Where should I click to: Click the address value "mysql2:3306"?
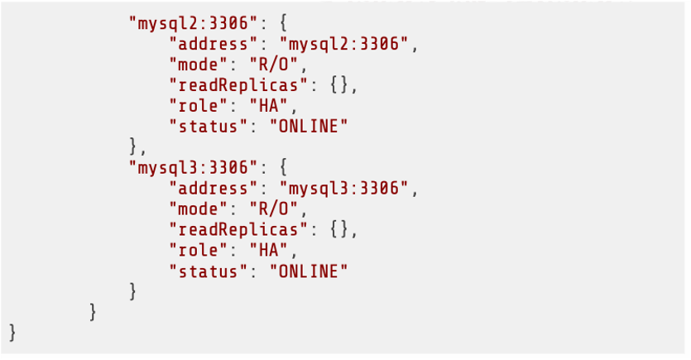[x=344, y=44]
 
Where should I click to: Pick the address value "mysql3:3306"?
[x=344, y=188]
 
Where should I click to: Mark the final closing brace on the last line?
[x=12, y=333]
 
